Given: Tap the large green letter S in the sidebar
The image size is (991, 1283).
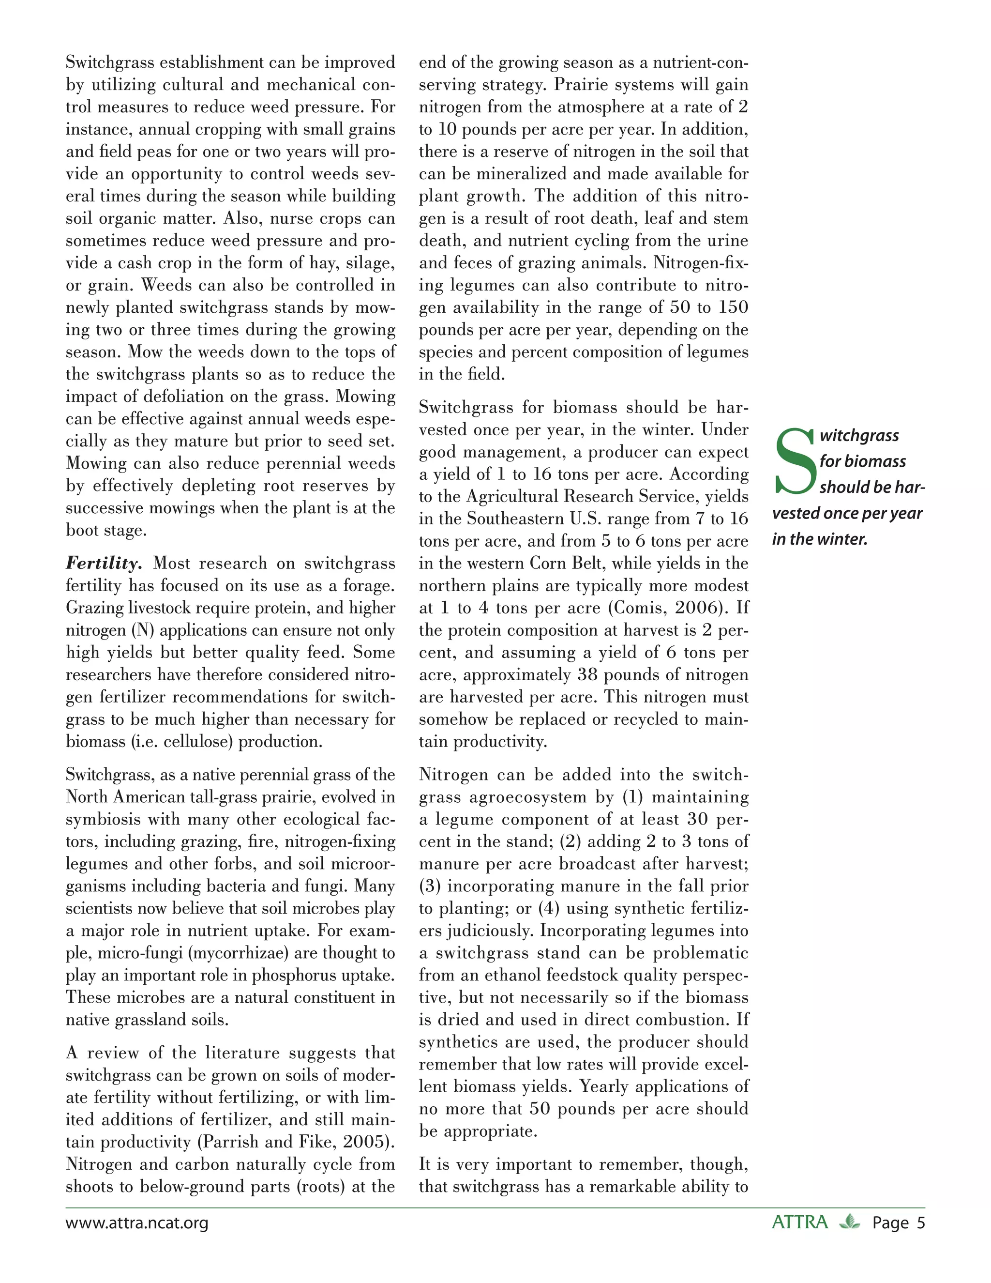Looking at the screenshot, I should coord(795,462).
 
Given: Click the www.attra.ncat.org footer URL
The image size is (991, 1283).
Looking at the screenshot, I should coord(137,1223).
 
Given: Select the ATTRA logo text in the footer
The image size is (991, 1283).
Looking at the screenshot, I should coord(799,1222).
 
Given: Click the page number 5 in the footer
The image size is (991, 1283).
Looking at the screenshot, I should coord(920,1223).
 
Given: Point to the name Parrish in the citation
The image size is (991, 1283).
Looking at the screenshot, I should coord(229,1142).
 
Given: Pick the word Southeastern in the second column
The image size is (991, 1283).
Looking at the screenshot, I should coord(518,519).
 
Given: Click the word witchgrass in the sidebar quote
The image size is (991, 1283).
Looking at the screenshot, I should coord(859,435).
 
